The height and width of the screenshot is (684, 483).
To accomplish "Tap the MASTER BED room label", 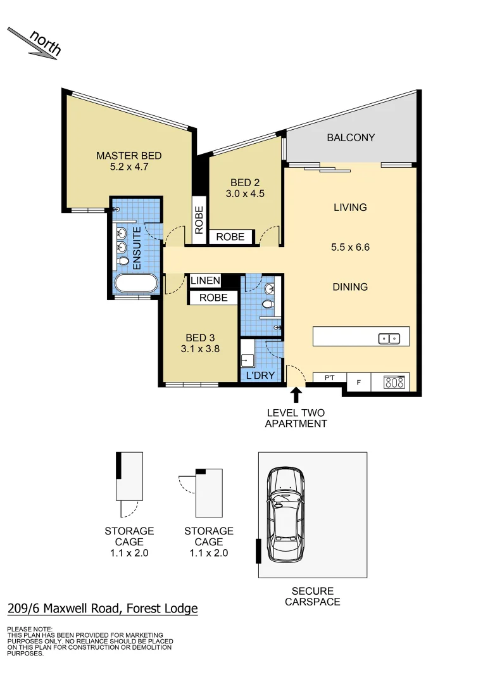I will tap(129, 156).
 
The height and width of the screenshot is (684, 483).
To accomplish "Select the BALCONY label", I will tap(351, 137).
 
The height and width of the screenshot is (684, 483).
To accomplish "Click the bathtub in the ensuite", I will tap(135, 283).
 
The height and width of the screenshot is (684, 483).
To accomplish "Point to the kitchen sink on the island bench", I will tap(389, 338).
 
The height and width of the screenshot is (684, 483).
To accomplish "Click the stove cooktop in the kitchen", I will tap(394, 382).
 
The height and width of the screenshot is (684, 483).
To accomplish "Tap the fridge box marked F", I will tap(360, 382).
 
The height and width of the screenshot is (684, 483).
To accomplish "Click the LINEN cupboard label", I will tap(205, 281).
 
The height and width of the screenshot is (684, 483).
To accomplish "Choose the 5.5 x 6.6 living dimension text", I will tap(350, 247).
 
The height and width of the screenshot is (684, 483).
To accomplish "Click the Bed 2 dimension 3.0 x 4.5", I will tap(244, 194).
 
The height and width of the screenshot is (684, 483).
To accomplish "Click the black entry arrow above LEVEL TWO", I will tap(295, 396).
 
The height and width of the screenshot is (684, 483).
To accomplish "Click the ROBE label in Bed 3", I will tap(213, 298).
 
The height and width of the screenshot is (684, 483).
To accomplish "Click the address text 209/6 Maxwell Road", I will tap(103, 609).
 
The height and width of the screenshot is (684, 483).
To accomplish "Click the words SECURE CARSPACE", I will tap(312, 596).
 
